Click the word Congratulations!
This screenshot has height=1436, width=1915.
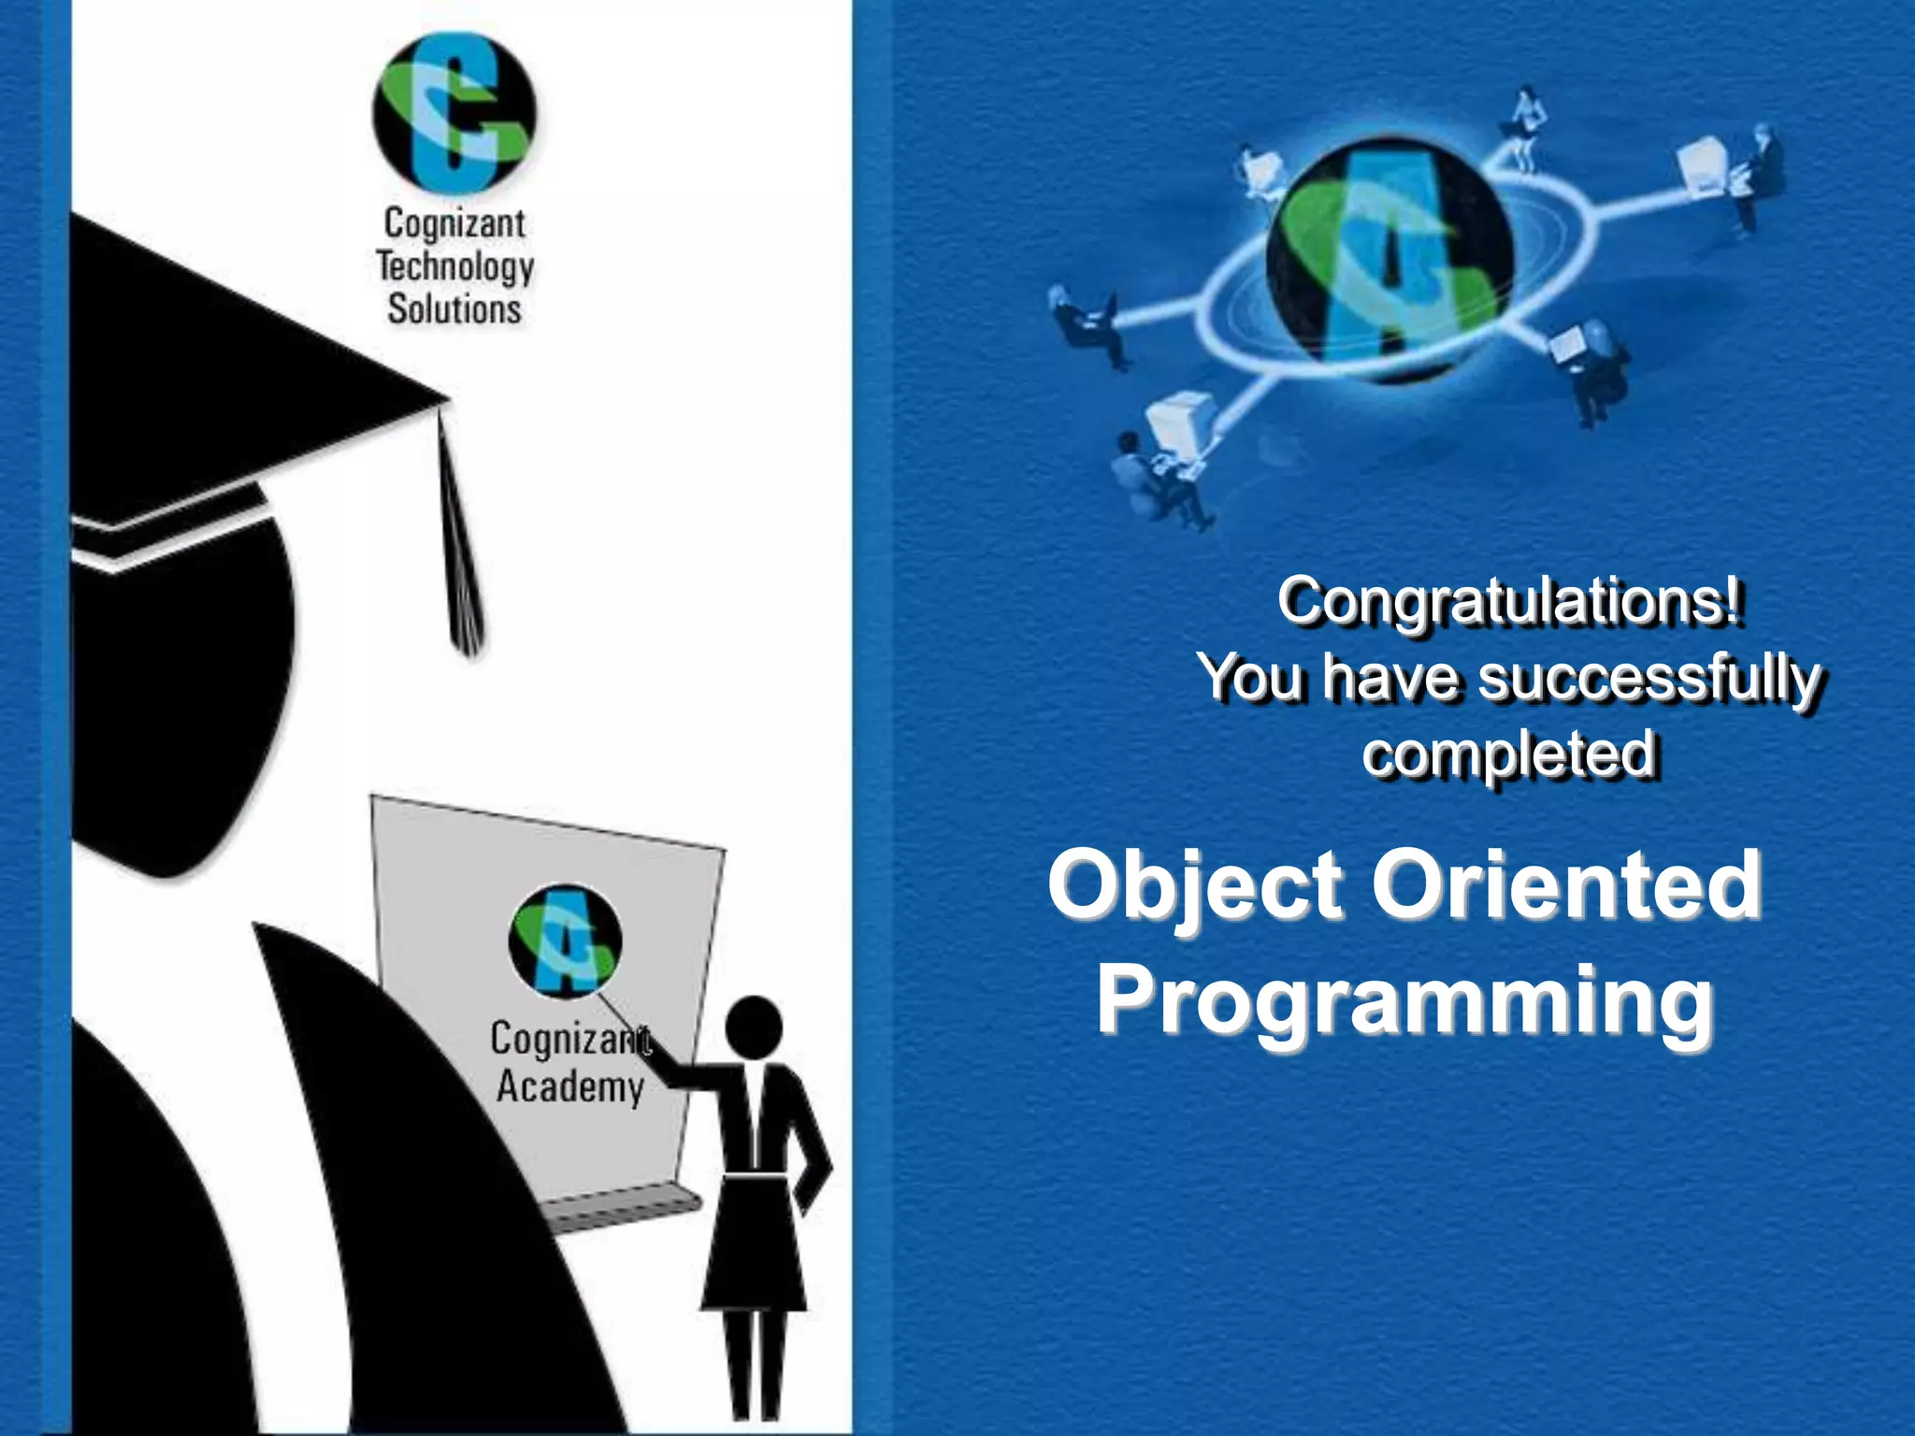(1509, 600)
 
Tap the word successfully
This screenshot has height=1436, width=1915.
(1649, 678)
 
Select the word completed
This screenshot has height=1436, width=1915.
(1509, 754)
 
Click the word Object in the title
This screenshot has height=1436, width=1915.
(1196, 885)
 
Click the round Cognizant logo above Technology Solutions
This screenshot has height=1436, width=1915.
(454, 113)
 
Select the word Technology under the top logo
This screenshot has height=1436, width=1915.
(455, 267)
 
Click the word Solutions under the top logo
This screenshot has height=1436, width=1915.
(454, 309)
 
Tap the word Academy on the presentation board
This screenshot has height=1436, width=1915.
(569, 1087)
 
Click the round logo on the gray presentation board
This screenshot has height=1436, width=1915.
(566, 940)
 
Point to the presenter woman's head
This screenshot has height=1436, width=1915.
(754, 1027)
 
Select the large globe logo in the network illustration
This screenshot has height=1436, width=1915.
(1390, 261)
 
